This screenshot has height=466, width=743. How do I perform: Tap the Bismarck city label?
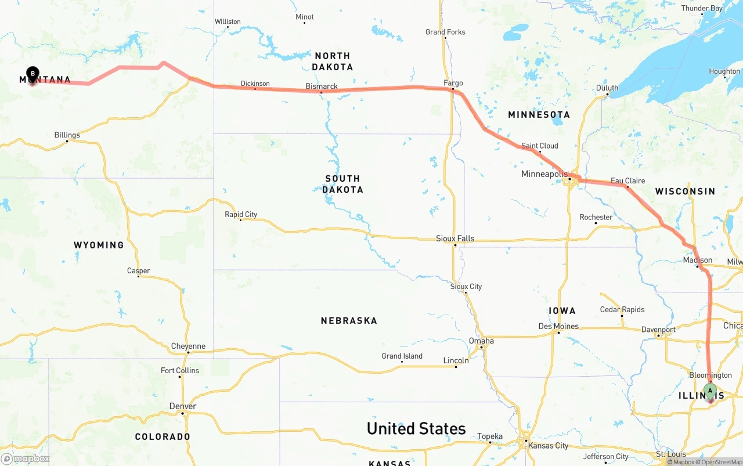pyautogui.click(x=322, y=86)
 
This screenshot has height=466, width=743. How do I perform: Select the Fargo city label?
pyautogui.click(x=453, y=83)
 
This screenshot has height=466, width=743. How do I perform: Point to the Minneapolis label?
pyautogui.click(x=544, y=174)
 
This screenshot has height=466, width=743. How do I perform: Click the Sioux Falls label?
pyautogui.click(x=455, y=238)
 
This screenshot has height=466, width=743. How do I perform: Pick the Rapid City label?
pyautogui.click(x=241, y=214)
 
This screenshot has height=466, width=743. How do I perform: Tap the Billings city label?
pyautogui.click(x=67, y=135)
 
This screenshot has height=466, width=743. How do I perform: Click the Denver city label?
pyautogui.click(x=183, y=406)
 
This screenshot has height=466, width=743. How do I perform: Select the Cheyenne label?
pyautogui.click(x=188, y=346)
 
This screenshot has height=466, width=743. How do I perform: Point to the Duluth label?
pyautogui.click(x=607, y=88)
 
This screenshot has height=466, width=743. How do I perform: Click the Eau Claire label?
pyautogui.click(x=627, y=180)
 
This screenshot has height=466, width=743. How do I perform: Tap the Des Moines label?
pyautogui.click(x=558, y=326)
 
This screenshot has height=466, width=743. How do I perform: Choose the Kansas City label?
pyautogui.click(x=548, y=445)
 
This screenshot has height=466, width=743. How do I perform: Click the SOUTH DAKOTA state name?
pyautogui.click(x=342, y=184)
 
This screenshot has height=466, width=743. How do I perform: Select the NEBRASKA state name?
pyautogui.click(x=349, y=320)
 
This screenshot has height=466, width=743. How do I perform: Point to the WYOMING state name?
pyautogui.click(x=99, y=245)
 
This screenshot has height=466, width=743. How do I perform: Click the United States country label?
pyautogui.click(x=416, y=428)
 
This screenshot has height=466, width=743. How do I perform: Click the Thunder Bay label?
pyautogui.click(x=702, y=8)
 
